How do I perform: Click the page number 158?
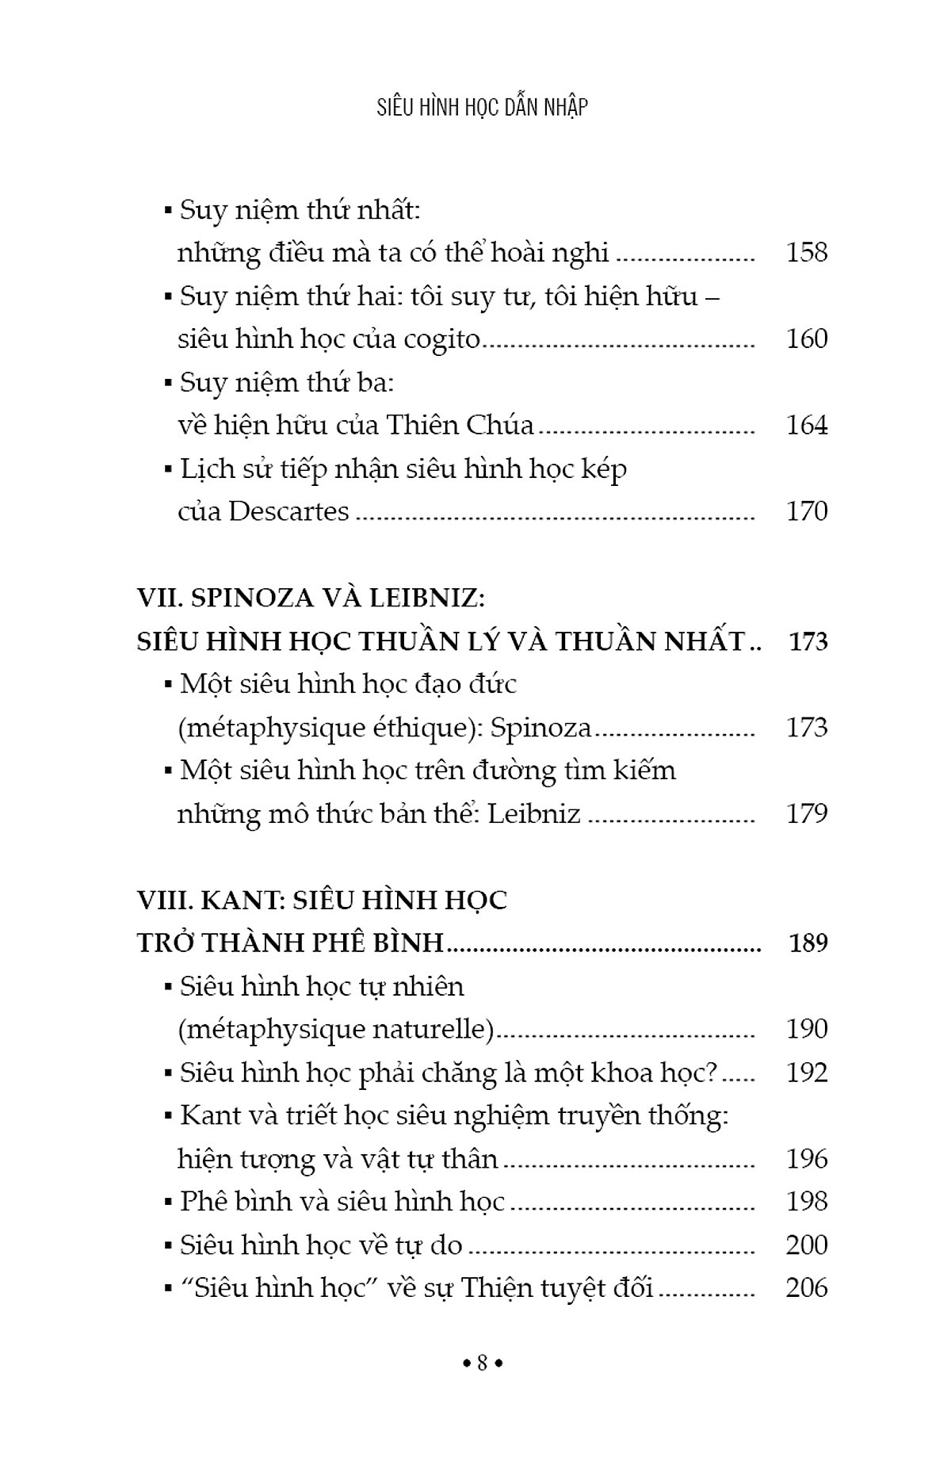click(x=806, y=253)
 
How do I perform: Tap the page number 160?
click(x=806, y=339)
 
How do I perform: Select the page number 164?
click(x=806, y=426)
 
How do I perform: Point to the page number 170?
click(x=806, y=511)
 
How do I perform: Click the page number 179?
click(x=806, y=814)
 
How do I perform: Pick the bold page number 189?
click(x=808, y=943)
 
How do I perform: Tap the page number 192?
click(x=806, y=1073)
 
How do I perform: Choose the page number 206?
click(x=806, y=1288)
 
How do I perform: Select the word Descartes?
click(x=288, y=511)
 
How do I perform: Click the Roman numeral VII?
click(x=156, y=599)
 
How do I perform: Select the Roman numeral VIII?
click(x=162, y=901)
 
